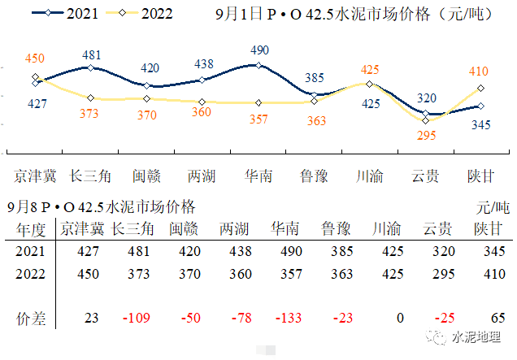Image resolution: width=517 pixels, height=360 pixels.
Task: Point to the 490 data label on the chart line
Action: tap(258, 50)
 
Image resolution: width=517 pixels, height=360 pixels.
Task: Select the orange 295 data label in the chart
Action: tap(426, 136)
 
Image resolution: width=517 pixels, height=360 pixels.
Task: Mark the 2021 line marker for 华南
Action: tap(258, 65)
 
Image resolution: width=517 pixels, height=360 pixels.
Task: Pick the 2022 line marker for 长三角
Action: tap(90, 98)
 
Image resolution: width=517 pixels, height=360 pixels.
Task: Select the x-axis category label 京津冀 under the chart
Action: tap(34, 175)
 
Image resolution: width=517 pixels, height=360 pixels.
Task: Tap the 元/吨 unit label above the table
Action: tap(492, 207)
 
